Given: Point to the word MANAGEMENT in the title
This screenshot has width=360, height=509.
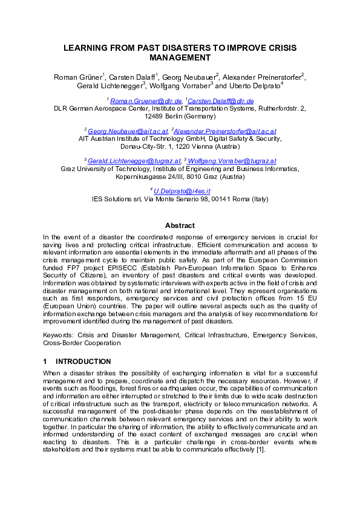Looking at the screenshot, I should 180,58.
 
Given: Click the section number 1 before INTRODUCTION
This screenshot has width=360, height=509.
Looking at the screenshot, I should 45,361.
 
